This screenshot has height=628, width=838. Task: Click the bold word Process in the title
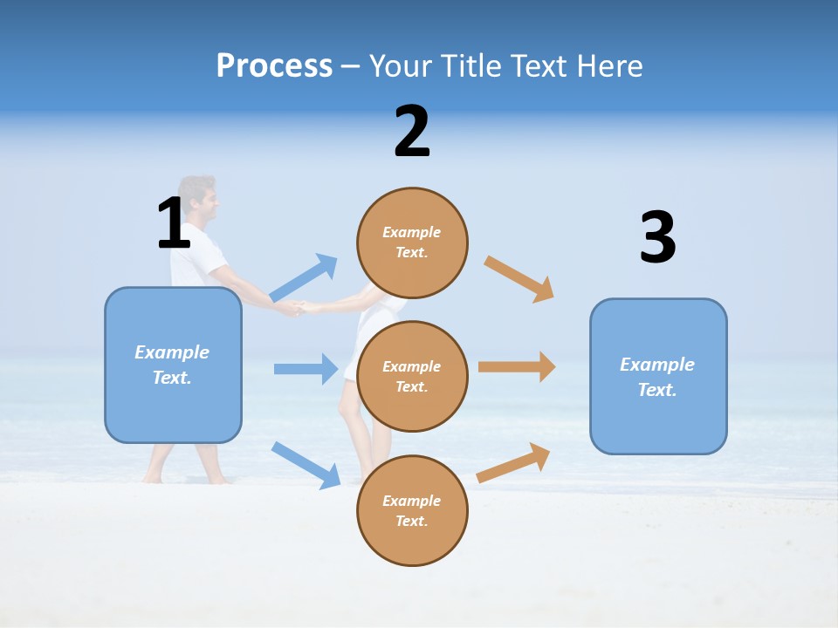(274, 66)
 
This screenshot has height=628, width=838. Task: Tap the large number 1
(173, 224)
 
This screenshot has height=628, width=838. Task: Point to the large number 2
(412, 132)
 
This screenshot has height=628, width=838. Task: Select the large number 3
(657, 238)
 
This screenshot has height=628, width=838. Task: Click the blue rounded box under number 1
(173, 365)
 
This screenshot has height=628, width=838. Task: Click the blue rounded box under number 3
(658, 377)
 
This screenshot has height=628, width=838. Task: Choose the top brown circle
(412, 243)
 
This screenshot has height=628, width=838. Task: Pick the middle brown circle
(412, 377)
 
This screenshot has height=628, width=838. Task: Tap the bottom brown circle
(412, 511)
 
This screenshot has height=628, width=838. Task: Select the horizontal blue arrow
(306, 369)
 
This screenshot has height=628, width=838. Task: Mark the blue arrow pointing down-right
(306, 465)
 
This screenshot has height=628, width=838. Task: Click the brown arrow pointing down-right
(519, 279)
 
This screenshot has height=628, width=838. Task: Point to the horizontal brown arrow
(517, 367)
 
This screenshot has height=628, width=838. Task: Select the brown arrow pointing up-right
(514, 462)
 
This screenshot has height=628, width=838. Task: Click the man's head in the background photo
(198, 200)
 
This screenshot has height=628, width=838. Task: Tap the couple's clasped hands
(297, 308)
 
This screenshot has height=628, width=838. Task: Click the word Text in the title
(542, 66)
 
